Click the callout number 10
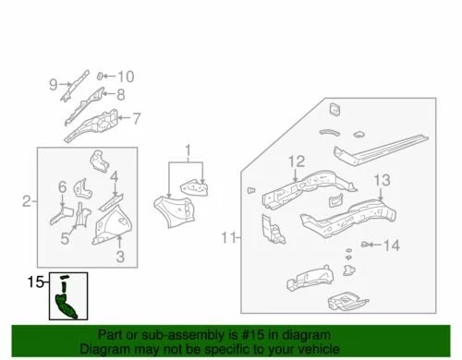tap(126, 77)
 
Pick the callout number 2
tap(27, 200)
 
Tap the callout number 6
tap(62, 186)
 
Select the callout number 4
tap(114, 176)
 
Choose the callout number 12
tap(295, 162)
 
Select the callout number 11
tap(229, 239)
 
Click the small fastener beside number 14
tap(368, 244)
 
